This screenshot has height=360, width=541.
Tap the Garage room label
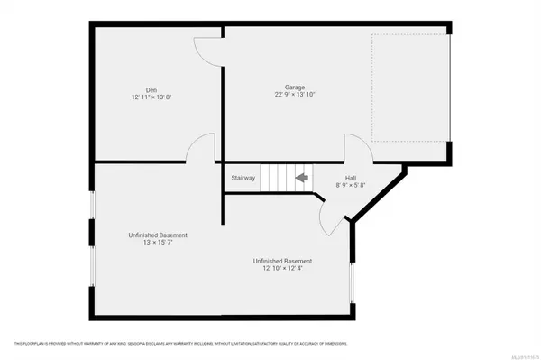point(295,86)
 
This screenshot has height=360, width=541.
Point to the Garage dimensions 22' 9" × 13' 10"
point(295,94)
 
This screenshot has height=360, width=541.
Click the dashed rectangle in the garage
point(409,88)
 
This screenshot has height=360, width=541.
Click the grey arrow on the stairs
point(302,178)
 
